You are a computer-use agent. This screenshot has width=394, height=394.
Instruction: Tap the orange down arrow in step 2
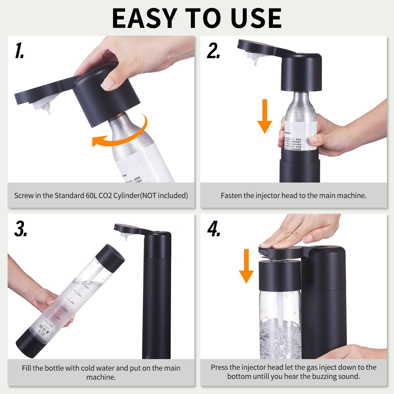click(265, 116)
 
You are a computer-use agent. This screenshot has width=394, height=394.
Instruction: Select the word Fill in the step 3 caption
click(27, 368)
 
